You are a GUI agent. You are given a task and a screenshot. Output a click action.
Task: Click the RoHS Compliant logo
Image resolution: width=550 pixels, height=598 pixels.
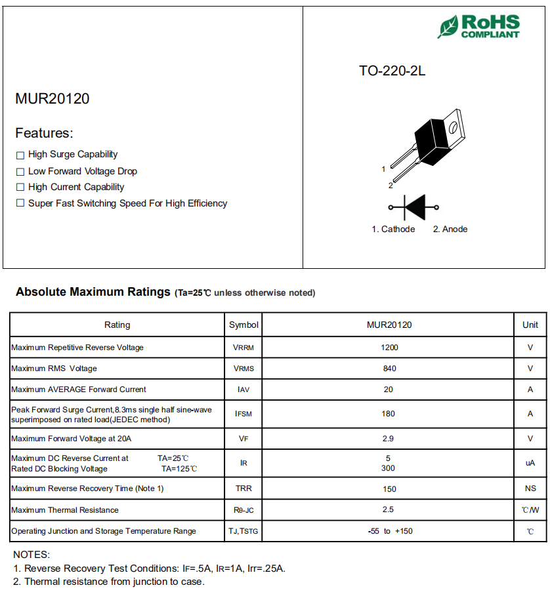pos(479,26)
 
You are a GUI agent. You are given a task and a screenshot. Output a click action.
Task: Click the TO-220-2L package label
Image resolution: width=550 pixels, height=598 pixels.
pos(392,71)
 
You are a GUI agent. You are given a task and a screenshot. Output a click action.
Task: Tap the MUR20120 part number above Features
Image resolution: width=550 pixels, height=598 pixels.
pos(53,99)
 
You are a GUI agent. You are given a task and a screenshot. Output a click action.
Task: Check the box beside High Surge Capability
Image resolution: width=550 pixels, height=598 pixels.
pos(20,155)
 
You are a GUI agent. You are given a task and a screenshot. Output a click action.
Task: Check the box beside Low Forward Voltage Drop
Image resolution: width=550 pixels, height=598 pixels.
pos(20,171)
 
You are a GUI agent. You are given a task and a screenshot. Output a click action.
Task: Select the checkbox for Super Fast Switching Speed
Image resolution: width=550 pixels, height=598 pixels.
pos(20,203)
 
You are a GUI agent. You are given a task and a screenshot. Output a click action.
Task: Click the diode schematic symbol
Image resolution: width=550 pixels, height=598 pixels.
pos(414,207)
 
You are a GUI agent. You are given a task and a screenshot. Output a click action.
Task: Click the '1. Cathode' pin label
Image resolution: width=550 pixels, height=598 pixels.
pos(393,229)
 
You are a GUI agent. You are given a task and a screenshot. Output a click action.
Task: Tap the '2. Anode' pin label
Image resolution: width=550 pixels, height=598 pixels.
pos(450,229)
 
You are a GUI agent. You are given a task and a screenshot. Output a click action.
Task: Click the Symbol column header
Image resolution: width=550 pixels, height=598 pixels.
pos(243,325)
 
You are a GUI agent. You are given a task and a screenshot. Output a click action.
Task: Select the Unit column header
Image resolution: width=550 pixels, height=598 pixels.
pos(530,325)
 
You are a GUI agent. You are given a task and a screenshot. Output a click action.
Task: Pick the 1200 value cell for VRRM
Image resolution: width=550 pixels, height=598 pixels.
pos(389,347)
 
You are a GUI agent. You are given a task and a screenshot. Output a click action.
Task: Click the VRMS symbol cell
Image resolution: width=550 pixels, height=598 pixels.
pos(243,369)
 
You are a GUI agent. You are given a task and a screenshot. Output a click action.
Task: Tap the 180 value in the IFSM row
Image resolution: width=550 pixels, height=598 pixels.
pos(389,414)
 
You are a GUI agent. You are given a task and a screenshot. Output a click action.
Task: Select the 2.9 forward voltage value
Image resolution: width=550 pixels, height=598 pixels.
pos(389,438)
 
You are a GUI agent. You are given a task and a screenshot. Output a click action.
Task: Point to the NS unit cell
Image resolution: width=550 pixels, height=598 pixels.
pos(530,488)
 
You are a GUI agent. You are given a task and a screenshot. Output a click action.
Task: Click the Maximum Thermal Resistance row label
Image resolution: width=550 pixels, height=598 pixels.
pos(65,509)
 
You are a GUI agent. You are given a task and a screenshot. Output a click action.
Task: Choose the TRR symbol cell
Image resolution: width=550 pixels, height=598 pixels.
pos(243,488)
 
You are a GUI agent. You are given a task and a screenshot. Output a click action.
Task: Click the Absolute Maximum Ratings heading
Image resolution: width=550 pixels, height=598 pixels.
pos(93,292)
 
